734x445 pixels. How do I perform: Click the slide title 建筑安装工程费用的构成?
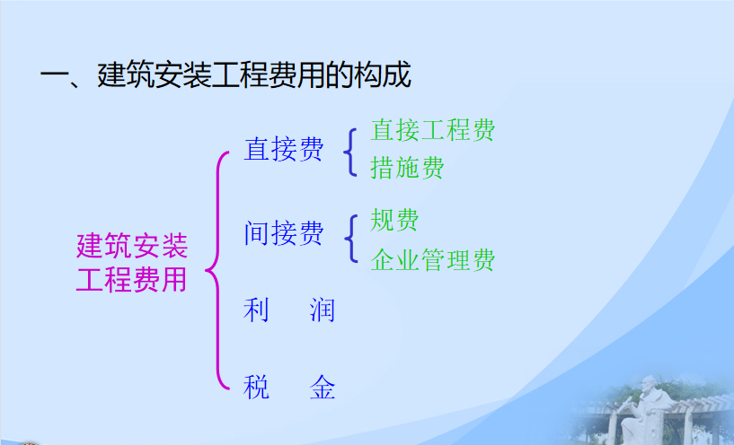click(254, 74)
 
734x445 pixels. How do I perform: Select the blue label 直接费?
click(284, 150)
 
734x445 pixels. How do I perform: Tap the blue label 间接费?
click(284, 233)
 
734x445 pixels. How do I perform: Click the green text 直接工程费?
click(432, 129)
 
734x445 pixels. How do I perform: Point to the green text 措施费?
click(407, 168)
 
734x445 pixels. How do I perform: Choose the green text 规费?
click(394, 220)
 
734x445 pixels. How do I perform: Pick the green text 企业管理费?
click(432, 260)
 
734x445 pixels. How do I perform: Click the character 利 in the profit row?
click(256, 310)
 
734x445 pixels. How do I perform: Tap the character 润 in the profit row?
click(322, 310)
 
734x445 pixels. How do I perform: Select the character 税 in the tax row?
click(256, 387)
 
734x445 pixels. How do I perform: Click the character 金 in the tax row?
click(322, 387)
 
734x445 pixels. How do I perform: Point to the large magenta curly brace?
click(217, 270)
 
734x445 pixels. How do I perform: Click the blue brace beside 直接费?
click(350, 153)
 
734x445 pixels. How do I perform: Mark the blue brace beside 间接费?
click(351, 239)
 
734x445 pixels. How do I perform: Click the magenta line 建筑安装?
click(132, 246)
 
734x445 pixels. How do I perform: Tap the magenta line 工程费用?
click(131, 280)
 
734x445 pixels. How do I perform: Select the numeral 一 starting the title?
click(54, 76)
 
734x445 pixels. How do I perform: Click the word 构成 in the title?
click(383, 74)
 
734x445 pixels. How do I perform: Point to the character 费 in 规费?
click(407, 220)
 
